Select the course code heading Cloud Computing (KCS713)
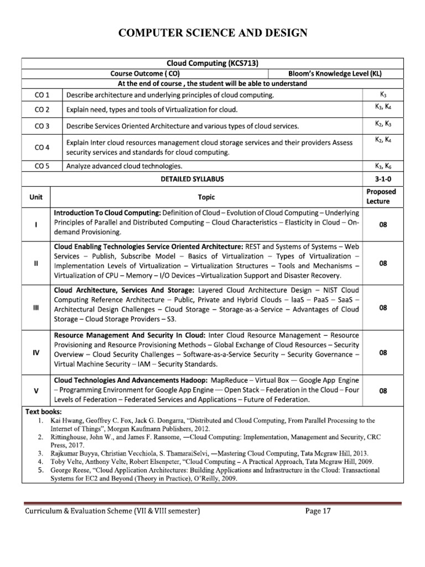pos(212,64)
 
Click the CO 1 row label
pos(42,95)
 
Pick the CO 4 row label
pos(42,147)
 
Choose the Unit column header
pos(36,197)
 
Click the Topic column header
pos(206,197)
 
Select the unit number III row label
pos(36,308)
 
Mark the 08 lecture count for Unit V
pos(382,390)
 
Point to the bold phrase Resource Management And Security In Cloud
pos(129,335)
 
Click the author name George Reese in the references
pos(70,470)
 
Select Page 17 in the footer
pos(318,511)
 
